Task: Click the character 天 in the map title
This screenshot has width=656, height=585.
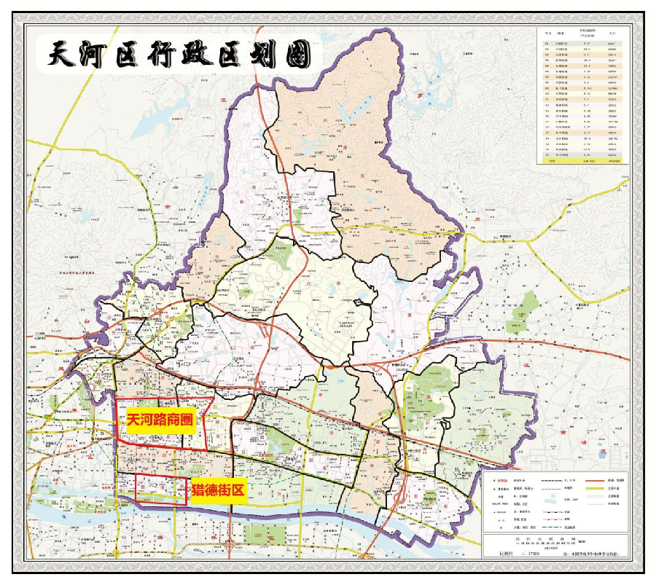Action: (63, 55)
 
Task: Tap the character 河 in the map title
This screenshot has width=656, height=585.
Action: (98, 55)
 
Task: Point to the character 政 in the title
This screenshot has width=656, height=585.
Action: (211, 55)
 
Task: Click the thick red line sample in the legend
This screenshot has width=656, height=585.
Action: (597, 482)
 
